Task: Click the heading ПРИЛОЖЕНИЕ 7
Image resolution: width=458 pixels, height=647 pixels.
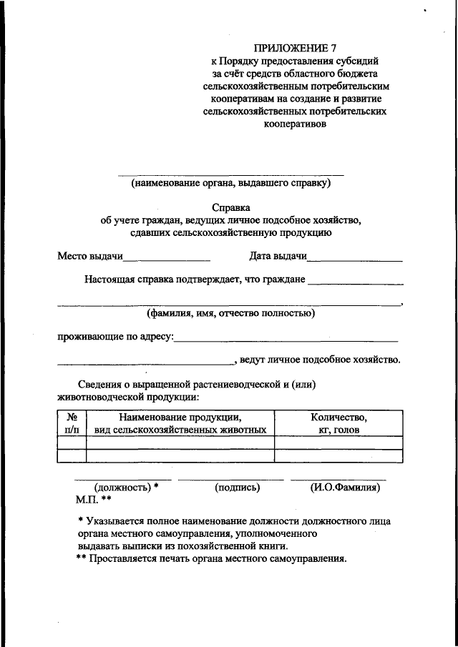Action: (x=300, y=49)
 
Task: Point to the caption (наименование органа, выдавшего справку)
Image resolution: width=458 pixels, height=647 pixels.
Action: (x=230, y=183)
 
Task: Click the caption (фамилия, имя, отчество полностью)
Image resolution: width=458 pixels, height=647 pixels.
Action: (x=230, y=312)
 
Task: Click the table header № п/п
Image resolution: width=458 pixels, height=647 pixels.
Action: (x=71, y=423)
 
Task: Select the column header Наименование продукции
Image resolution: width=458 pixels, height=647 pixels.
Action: (x=180, y=423)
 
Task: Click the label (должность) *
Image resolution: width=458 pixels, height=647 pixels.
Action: (x=126, y=488)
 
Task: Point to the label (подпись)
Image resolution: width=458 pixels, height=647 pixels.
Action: (x=237, y=488)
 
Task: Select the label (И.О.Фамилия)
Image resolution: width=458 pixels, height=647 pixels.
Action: (x=345, y=488)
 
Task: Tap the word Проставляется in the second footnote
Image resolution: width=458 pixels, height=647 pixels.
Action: (x=122, y=559)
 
